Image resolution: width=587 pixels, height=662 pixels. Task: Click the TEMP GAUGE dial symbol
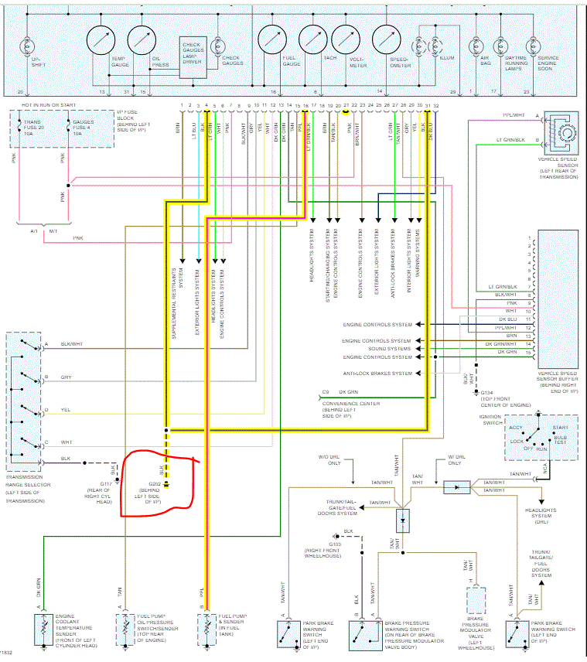101,39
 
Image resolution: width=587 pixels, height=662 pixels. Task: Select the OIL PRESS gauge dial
142,39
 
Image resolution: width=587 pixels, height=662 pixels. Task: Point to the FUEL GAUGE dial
271,39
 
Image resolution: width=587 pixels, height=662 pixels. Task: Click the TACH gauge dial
312,39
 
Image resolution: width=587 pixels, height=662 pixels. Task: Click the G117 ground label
106,484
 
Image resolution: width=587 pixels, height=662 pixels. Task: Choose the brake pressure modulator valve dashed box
477,602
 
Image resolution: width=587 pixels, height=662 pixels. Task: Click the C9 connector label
326,392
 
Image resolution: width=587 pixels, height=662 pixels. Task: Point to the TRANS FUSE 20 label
35,127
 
